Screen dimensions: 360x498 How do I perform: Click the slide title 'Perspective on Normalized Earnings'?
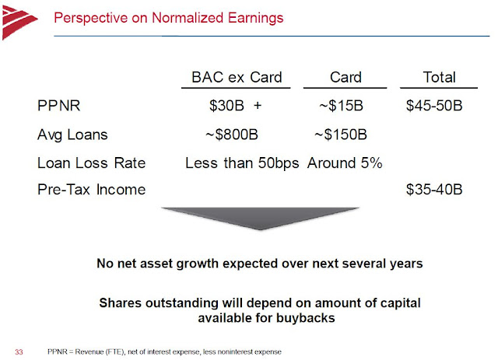coord(168,16)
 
